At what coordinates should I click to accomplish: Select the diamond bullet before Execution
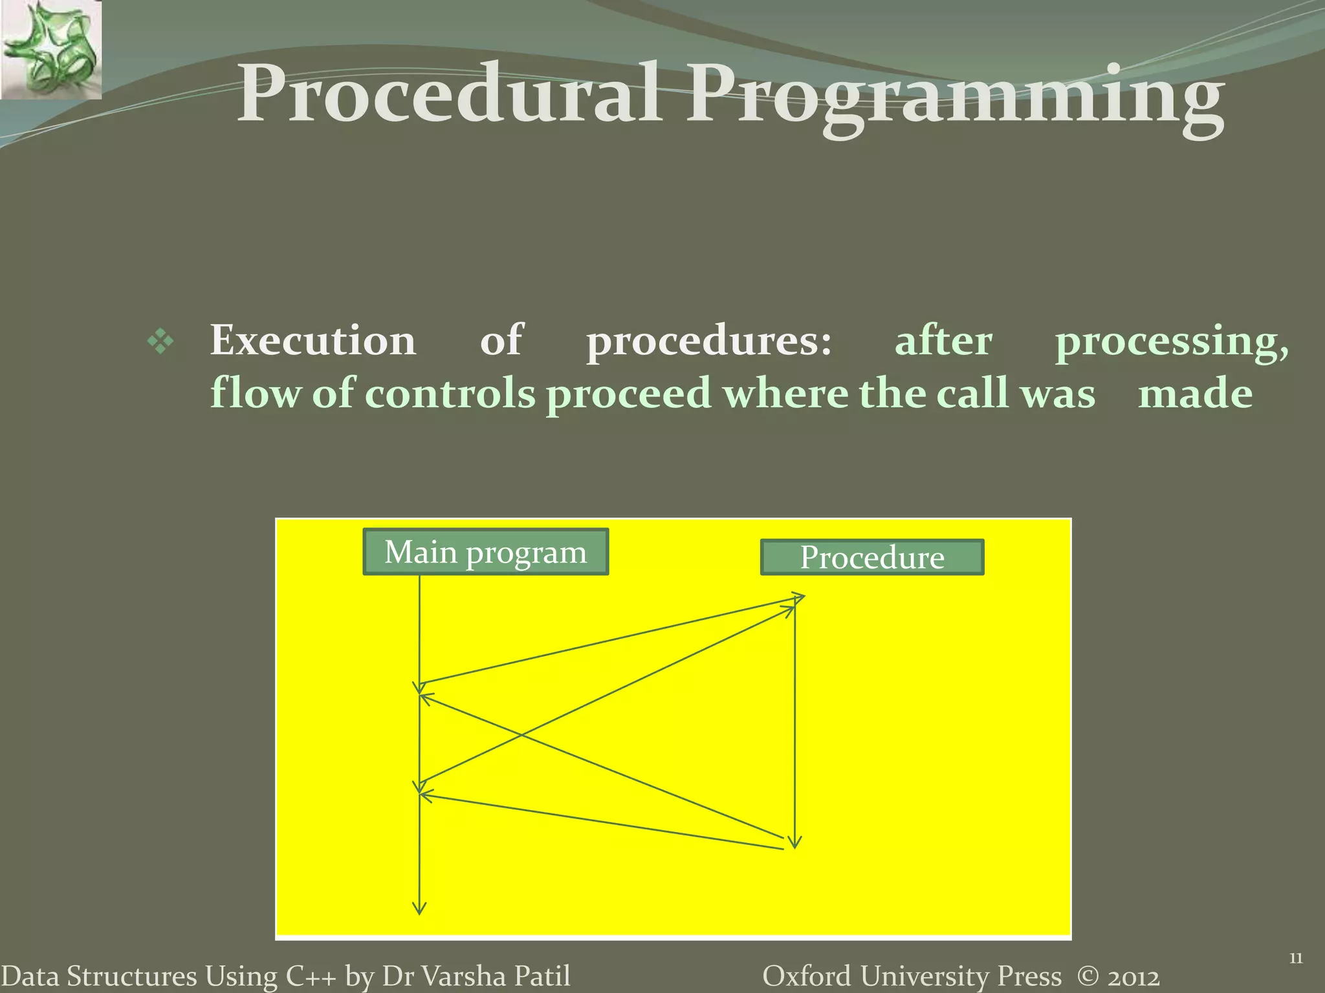click(x=160, y=341)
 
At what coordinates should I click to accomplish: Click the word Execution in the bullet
click(x=312, y=341)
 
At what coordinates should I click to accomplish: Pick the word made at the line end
click(x=1195, y=394)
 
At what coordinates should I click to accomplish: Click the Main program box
click(x=485, y=552)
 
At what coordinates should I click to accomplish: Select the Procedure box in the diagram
click(x=871, y=557)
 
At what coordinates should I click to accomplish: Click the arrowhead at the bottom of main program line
click(x=419, y=908)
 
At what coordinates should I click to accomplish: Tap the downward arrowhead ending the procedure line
click(x=795, y=841)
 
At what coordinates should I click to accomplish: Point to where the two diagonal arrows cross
click(x=521, y=735)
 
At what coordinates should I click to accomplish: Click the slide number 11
click(x=1296, y=959)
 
